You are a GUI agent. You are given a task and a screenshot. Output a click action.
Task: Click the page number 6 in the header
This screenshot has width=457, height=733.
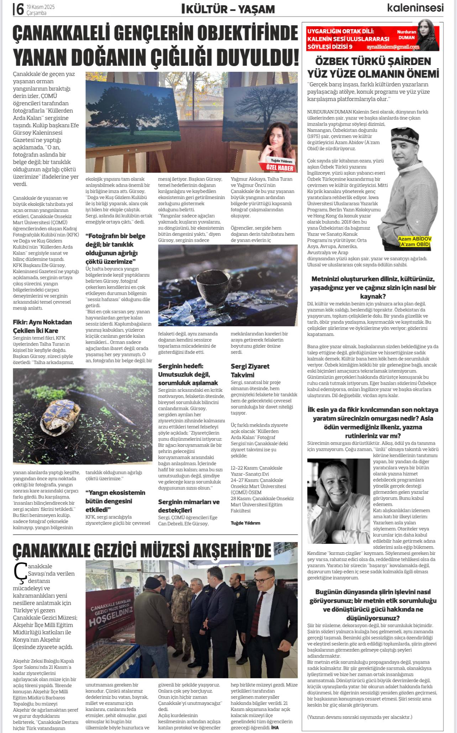[20, 9]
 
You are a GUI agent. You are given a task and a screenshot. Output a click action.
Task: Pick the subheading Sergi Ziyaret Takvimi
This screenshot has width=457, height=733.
[250, 370]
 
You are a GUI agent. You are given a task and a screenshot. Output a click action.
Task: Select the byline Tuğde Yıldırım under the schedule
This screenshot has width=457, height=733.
[245, 523]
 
